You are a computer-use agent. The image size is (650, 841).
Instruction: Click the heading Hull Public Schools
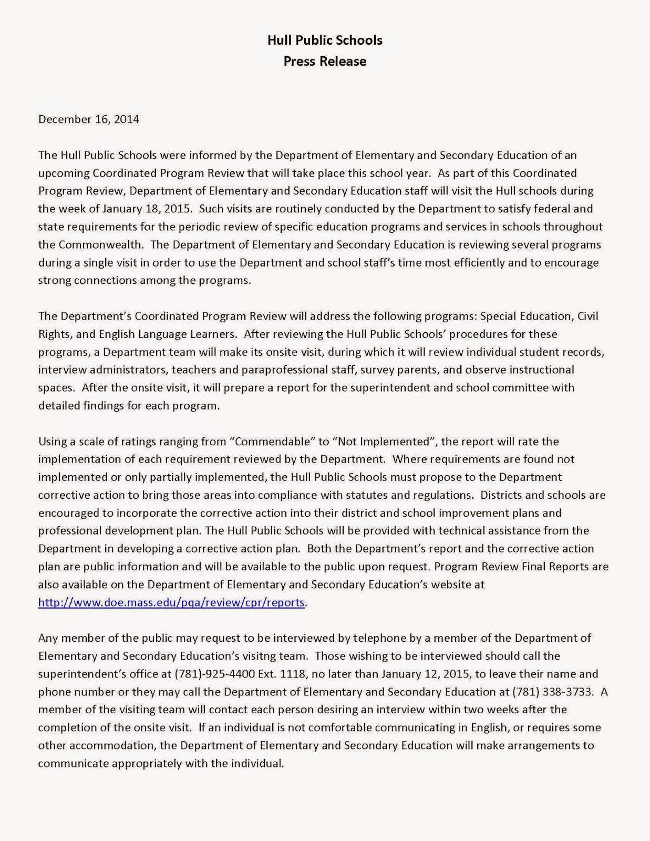[325, 40]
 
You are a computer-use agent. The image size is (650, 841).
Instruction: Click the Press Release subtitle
[325, 61]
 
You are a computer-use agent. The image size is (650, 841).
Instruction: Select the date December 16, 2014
[89, 119]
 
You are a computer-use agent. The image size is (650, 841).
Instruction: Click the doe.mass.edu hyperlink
[171, 602]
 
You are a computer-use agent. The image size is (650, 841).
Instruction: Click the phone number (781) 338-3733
[555, 692]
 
